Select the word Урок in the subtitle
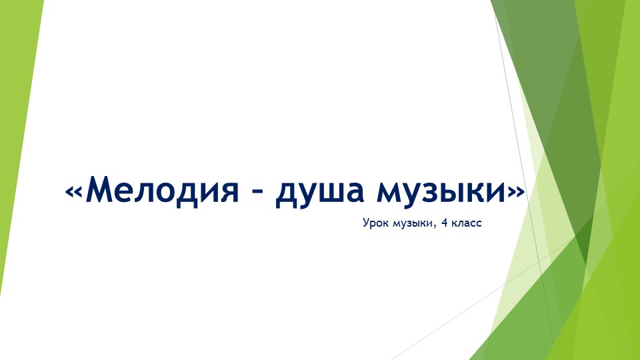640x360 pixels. coord(375,224)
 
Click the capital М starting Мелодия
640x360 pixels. coord(99,190)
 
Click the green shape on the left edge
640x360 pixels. coord(17,133)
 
